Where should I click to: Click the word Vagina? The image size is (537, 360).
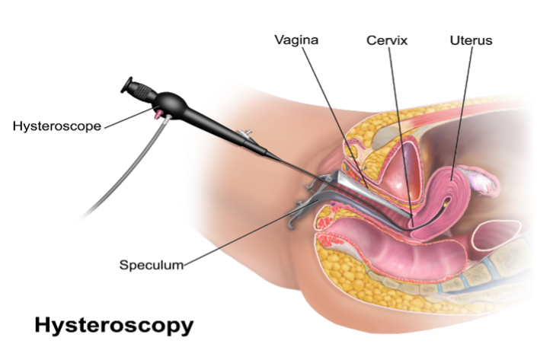point(296,40)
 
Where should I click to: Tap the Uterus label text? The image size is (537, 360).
point(471,40)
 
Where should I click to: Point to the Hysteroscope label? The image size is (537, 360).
point(57,126)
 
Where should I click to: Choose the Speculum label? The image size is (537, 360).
point(152,265)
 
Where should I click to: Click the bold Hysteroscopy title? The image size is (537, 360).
point(113,326)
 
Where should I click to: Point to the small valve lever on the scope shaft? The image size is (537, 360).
point(245,135)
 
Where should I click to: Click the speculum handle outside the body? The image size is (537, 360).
point(305,202)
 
